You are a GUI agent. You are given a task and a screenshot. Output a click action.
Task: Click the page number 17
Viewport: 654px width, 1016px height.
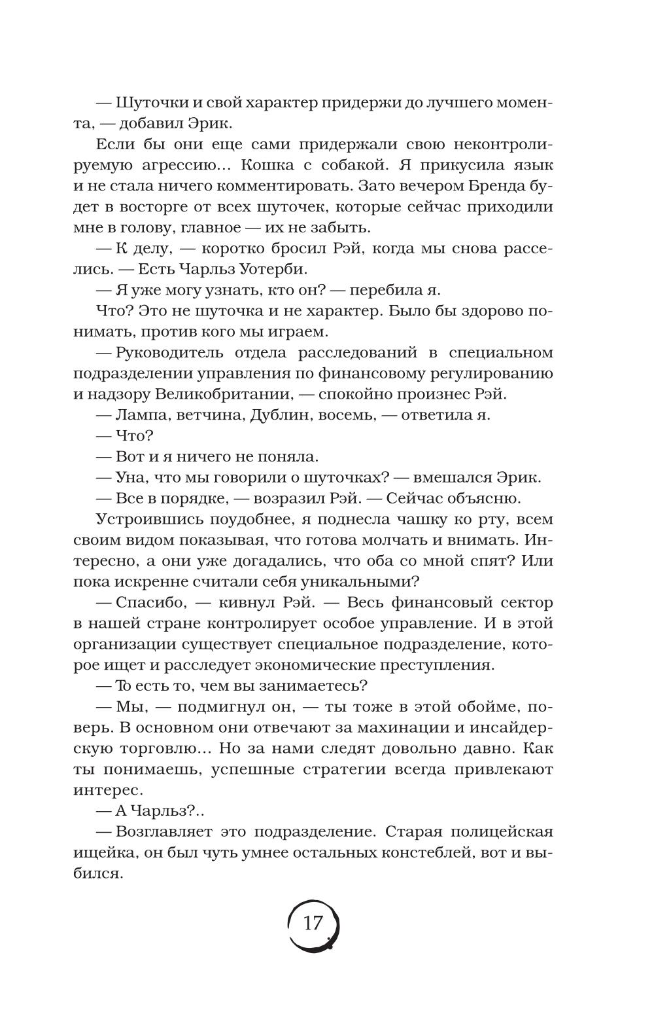pyautogui.click(x=313, y=923)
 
